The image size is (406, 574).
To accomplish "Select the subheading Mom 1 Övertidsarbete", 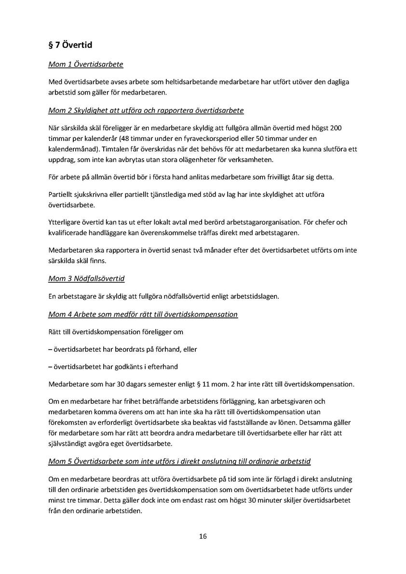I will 85,64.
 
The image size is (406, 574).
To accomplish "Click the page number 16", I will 203,536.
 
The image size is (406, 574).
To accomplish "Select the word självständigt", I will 70,443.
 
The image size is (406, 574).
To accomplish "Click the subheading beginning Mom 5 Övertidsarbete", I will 179,462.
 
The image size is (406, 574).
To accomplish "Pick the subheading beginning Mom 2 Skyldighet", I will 146,110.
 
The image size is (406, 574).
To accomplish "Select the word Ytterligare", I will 67,223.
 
